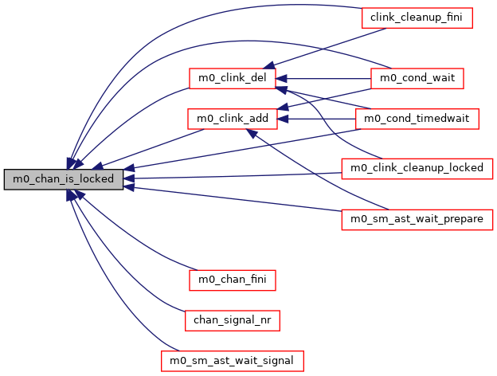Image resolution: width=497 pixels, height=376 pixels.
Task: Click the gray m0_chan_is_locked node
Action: coord(64,179)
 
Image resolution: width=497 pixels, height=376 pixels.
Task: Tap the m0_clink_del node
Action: coord(233,78)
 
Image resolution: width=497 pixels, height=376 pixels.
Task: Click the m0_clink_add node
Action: coord(231,119)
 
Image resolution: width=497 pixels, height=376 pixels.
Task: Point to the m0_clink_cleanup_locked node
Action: coord(417,169)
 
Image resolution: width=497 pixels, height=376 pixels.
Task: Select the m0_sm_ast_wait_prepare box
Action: coord(417,219)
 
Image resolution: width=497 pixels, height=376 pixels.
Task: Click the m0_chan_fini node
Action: coord(233,280)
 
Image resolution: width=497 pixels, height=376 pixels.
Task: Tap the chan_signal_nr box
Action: coord(232,319)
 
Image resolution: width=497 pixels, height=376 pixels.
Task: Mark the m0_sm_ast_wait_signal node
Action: coord(233,360)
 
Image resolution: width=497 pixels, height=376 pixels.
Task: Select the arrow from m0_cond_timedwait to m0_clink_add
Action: coord(319,119)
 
